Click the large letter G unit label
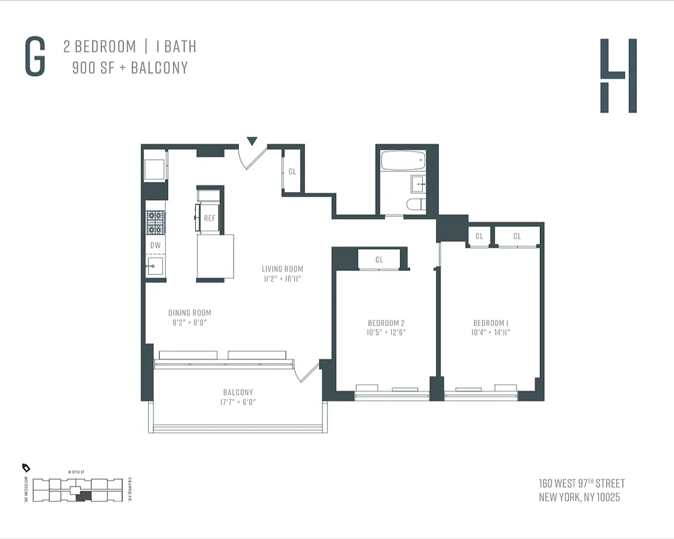point(35,57)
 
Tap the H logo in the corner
point(618,75)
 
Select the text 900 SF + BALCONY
point(130,68)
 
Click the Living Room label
point(282,269)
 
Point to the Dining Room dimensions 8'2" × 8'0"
point(189,323)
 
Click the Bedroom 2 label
point(386,323)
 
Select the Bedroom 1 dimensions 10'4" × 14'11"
point(491,332)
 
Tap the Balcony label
point(238,392)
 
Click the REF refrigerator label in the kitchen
point(209,218)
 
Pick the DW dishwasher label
point(155,245)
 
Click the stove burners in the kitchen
point(156,220)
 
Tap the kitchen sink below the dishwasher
point(155,266)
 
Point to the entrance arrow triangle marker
point(252,141)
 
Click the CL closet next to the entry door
point(292,172)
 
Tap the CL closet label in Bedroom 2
point(379,259)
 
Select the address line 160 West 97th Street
point(581,484)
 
